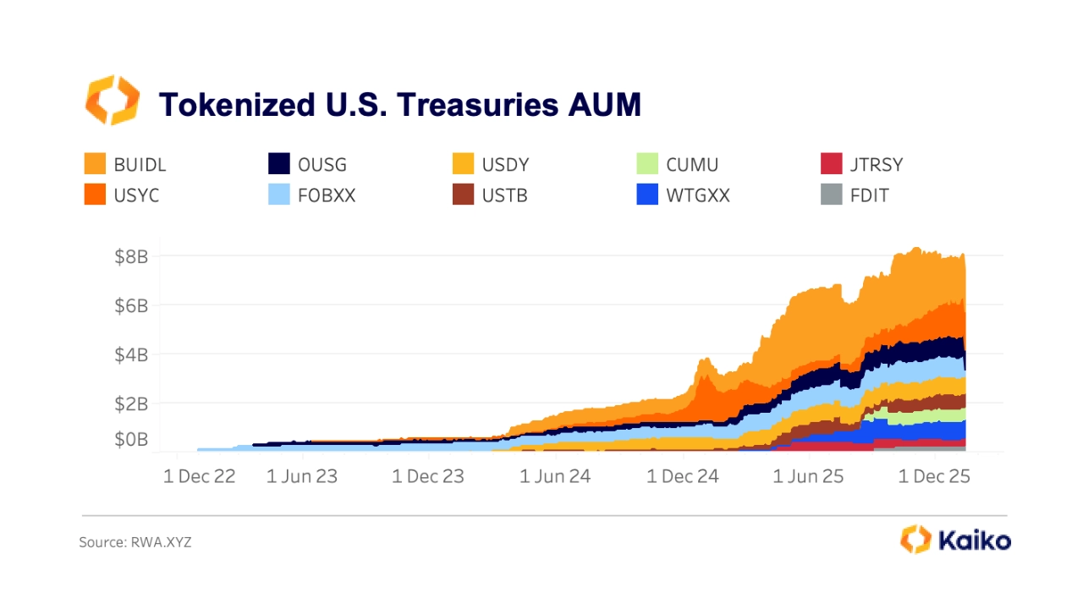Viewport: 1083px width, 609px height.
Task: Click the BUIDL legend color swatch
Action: tap(95, 164)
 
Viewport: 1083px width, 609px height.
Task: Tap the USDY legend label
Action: tap(505, 164)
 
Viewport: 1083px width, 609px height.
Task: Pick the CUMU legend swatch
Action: tap(646, 164)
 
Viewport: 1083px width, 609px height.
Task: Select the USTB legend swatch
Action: tap(464, 195)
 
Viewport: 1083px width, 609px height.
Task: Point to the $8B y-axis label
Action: tap(131, 256)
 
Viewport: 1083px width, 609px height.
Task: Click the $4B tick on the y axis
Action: tap(131, 354)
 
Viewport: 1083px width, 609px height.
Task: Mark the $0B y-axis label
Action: tap(131, 440)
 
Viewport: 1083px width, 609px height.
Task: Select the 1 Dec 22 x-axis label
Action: tap(199, 476)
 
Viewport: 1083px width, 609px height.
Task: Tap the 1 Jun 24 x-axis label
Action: tap(554, 476)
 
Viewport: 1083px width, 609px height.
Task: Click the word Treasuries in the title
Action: tap(476, 104)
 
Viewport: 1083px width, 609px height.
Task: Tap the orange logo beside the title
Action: tap(112, 100)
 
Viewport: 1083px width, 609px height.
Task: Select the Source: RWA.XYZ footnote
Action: tap(135, 542)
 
